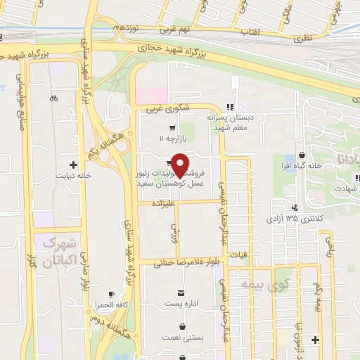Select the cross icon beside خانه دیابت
pos(72,163)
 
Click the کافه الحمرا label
pos(112,305)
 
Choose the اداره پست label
pos(181,303)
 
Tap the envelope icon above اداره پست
pos(182,292)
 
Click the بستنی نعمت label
pos(183,338)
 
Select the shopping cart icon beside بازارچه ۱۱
pos(172,128)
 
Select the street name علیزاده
pos(159,201)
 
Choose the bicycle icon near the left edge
pos(54,99)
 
